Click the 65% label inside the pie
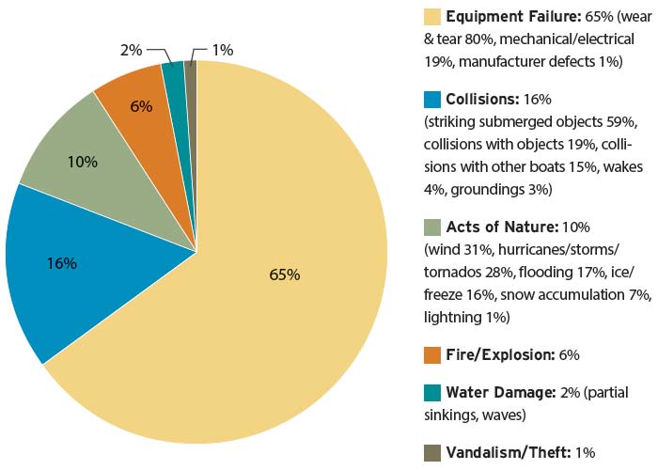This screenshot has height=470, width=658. pyautogui.click(x=284, y=274)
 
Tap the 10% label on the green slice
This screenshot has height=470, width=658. pyautogui.click(x=83, y=162)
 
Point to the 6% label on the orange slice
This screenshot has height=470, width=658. pyautogui.click(x=142, y=106)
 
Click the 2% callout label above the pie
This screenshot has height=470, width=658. pyautogui.click(x=132, y=49)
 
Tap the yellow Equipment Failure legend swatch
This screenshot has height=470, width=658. pyautogui.click(x=432, y=17)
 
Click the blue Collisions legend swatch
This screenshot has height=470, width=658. pyautogui.click(x=432, y=99)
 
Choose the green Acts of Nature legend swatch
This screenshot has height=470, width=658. pyautogui.click(x=432, y=227)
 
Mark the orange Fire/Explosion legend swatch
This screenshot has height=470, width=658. pyautogui.click(x=432, y=354)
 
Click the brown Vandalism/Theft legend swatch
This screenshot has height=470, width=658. pyautogui.click(x=432, y=452)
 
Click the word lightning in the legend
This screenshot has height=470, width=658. pyautogui.click(x=453, y=318)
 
